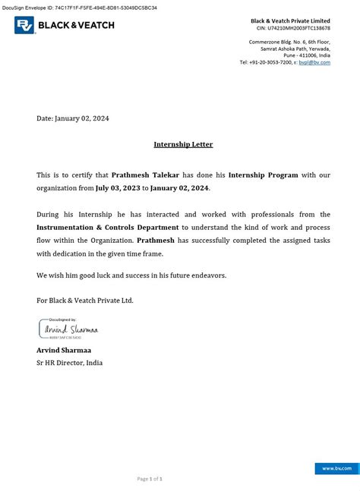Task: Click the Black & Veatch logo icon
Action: (x=24, y=26)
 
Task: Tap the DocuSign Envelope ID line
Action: (x=79, y=6)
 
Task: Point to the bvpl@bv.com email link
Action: (x=319, y=62)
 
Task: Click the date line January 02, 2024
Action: (x=73, y=118)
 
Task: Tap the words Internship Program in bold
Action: (x=266, y=175)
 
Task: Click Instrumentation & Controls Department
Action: (x=108, y=227)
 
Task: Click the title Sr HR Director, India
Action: (x=69, y=363)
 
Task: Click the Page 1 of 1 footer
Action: (x=150, y=479)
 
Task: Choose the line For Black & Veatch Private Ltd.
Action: (x=85, y=301)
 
